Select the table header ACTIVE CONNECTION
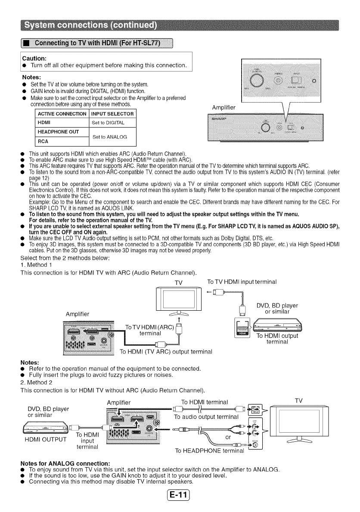point(62,114)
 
